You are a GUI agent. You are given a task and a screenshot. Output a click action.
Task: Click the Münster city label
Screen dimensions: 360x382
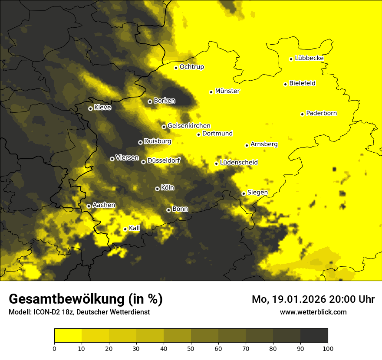tap(227, 91)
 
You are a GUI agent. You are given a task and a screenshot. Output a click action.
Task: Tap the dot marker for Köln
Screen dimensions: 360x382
tap(157, 189)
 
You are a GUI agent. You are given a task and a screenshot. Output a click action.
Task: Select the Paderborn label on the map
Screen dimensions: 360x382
tap(321, 113)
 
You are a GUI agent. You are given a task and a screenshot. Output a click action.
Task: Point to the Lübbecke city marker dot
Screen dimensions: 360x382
tap(291, 59)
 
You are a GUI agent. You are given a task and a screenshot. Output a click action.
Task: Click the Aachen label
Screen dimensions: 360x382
tap(104, 205)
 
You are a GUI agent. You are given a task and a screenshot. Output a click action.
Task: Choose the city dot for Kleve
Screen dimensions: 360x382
tap(90, 108)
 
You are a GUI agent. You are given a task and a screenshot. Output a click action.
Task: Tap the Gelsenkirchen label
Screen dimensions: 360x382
tap(189, 126)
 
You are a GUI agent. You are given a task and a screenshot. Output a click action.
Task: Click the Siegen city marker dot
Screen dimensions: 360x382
tap(244, 193)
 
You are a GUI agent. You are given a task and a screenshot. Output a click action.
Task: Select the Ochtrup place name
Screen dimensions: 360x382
tap(191, 67)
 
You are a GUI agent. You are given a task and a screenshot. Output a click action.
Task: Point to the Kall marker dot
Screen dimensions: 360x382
tap(125, 229)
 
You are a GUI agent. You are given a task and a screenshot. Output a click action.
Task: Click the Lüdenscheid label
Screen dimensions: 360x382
tap(239, 163)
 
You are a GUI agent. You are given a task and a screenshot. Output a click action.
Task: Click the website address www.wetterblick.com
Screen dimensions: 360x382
tap(313, 312)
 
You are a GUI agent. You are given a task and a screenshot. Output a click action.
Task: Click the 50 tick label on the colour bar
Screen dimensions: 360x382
tap(191, 348)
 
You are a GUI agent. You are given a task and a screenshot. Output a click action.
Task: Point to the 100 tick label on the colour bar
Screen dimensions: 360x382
tap(328, 348)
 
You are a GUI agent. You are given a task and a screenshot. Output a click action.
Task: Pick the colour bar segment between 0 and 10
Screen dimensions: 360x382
tap(68, 335)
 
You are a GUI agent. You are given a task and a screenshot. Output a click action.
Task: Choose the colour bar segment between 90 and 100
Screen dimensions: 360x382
tap(314, 335)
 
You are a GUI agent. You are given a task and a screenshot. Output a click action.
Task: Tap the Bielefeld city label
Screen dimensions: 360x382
tap(302, 83)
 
